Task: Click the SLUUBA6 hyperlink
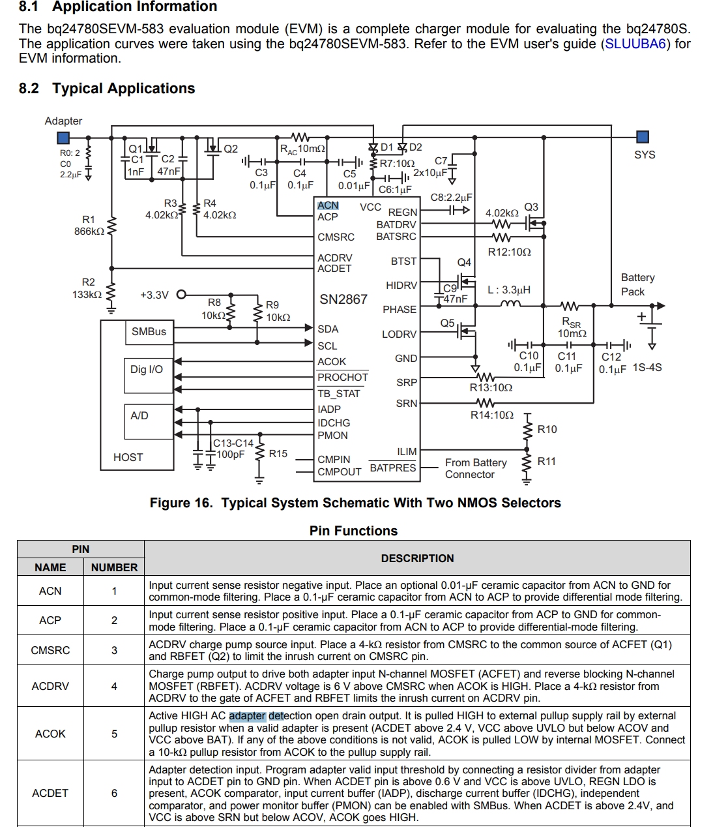click(635, 44)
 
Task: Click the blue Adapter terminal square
click(63, 138)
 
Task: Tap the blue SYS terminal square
click(642, 137)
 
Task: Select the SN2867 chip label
click(343, 299)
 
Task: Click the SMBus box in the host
click(149, 332)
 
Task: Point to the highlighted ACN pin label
click(328, 205)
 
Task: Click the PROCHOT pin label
click(343, 378)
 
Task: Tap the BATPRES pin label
click(392, 468)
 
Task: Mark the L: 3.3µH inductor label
click(509, 290)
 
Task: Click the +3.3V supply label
click(154, 295)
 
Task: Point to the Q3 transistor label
click(531, 207)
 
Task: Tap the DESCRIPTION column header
click(417, 558)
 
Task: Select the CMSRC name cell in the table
click(50, 650)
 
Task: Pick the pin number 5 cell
click(114, 734)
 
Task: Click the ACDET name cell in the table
click(50, 793)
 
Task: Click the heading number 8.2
click(29, 89)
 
